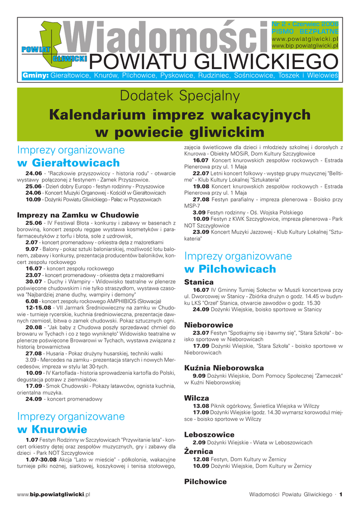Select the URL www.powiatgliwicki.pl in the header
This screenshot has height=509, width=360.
click(305, 39)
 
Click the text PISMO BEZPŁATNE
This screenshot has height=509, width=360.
click(305, 31)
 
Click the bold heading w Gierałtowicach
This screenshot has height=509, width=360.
click(69, 163)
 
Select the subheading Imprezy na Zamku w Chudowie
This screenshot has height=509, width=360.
click(78, 215)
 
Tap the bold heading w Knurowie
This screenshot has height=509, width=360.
click(52, 429)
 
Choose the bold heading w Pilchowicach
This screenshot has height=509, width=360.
click(230, 269)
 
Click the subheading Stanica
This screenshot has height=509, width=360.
click(199, 282)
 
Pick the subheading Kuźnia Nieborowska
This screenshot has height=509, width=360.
click(224, 368)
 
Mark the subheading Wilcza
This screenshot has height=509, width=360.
click(196, 398)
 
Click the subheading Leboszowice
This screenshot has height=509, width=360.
click(209, 434)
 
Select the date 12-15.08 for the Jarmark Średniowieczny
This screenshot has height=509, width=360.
click(38, 308)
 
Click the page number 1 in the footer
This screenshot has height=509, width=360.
click(342, 494)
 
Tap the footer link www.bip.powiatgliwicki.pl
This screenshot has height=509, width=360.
click(54, 495)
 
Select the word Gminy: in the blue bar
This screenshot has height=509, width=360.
click(35, 76)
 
